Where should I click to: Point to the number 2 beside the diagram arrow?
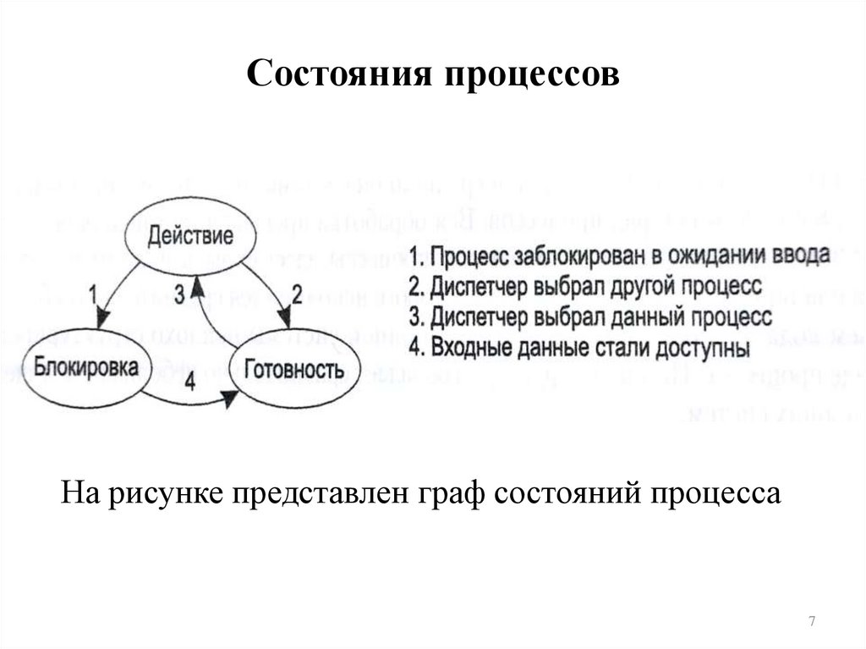pyautogui.click(x=297, y=294)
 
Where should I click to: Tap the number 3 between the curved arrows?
pyautogui.click(x=178, y=294)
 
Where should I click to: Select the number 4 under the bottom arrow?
pyautogui.click(x=189, y=382)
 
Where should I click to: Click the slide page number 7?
pyautogui.click(x=812, y=623)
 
